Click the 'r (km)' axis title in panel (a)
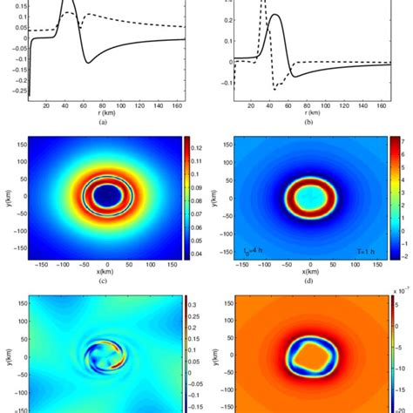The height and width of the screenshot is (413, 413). [x=106, y=113]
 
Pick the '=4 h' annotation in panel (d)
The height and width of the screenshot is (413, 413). [x=250, y=252]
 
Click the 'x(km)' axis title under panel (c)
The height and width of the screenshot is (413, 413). [x=106, y=270]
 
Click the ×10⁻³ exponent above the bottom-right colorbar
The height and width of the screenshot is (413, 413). [x=401, y=289]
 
